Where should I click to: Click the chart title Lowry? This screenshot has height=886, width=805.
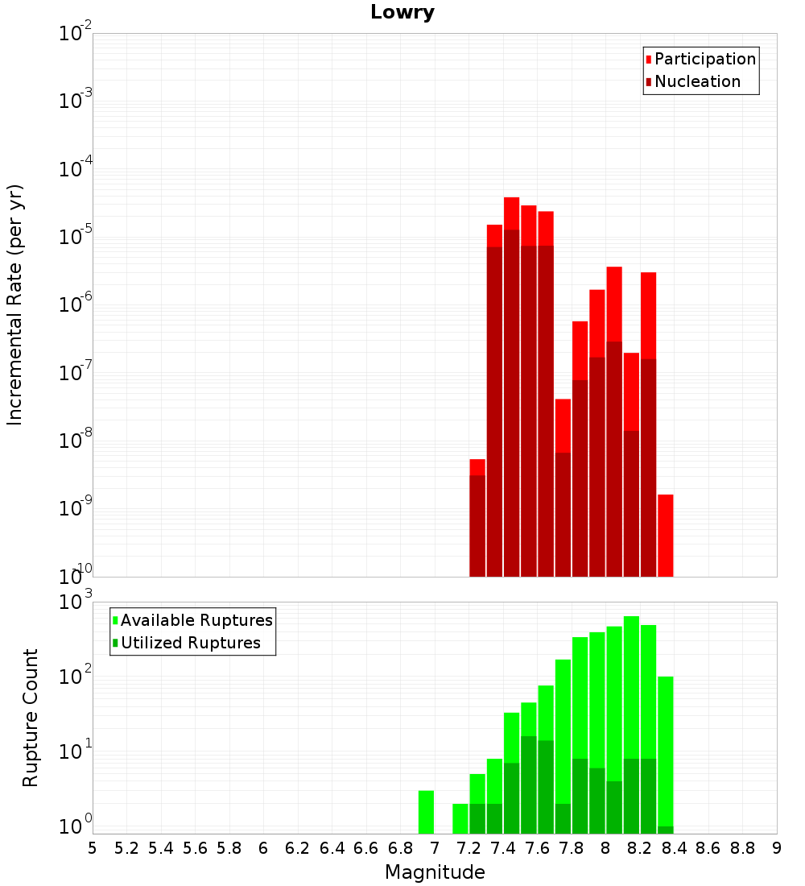(402, 12)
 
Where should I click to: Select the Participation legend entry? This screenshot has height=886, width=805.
(700, 60)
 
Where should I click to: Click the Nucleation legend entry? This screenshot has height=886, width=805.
(693, 82)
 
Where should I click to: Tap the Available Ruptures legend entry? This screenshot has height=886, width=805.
(192, 620)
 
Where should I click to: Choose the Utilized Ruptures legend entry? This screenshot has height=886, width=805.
(187, 643)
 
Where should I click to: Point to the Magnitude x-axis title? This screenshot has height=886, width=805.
(435, 872)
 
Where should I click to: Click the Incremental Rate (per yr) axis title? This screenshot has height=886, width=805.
(14, 305)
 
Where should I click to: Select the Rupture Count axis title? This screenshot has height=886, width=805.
(30, 718)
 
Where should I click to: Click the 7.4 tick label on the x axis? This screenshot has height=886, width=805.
(503, 848)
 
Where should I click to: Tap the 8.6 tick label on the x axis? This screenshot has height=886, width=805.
(708, 848)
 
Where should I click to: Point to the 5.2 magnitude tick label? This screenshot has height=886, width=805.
(126, 848)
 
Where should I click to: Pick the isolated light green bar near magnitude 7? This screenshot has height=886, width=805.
(426, 812)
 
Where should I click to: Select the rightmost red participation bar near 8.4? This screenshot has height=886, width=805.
(666, 536)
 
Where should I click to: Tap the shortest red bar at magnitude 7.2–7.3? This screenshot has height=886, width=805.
(477, 467)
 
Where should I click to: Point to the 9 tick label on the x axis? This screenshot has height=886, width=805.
(777, 848)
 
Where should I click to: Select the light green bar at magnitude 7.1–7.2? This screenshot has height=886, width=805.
(460, 819)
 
